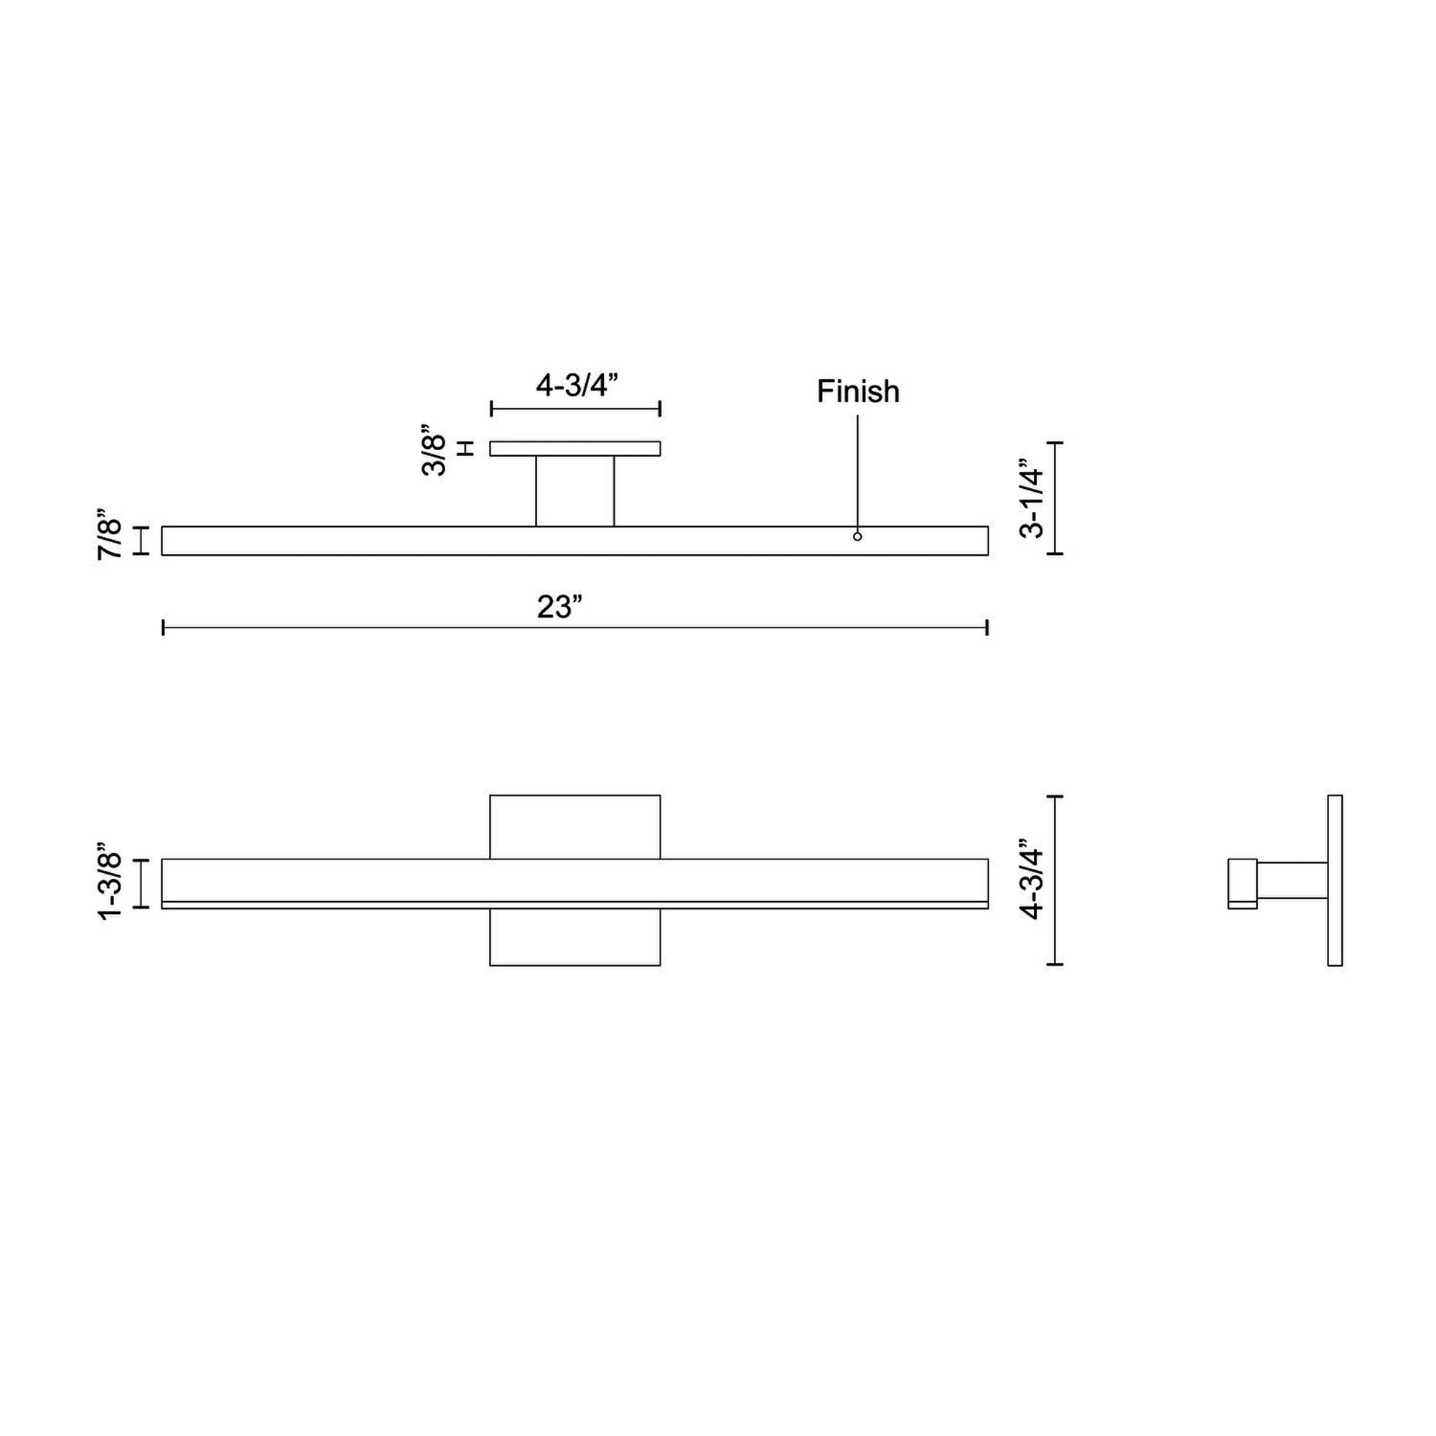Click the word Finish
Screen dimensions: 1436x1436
tap(858, 392)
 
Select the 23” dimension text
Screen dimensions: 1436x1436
tap(559, 607)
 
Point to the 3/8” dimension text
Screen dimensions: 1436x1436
tap(434, 449)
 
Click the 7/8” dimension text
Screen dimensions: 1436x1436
tap(111, 533)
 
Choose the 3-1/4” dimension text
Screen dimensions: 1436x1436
tap(1032, 498)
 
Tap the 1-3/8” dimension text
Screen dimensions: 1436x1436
tap(111, 882)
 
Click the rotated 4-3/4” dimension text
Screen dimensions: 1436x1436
tap(1032, 880)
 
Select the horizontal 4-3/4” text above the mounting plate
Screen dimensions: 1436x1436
tap(577, 385)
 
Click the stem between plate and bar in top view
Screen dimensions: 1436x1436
tap(575, 491)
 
